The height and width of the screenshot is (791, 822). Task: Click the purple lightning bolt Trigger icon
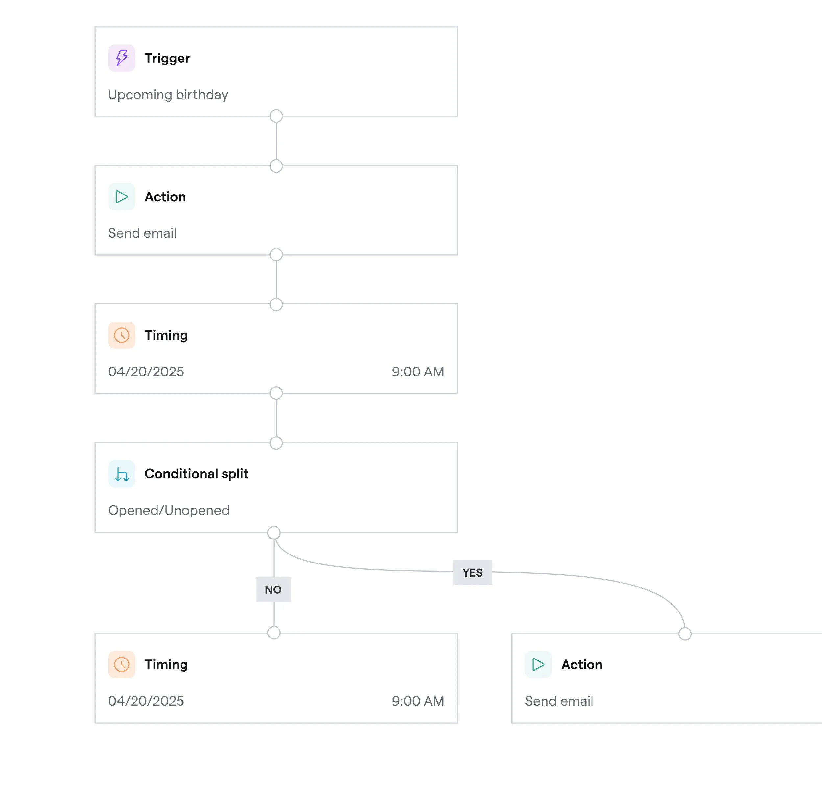122,58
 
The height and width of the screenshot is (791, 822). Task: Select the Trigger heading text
167,58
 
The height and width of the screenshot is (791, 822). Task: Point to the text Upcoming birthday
168,95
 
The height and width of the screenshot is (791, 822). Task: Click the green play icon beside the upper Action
122,197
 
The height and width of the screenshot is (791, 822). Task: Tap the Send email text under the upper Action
142,233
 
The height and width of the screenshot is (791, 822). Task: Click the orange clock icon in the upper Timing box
122,335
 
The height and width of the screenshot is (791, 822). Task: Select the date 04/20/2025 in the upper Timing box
146,372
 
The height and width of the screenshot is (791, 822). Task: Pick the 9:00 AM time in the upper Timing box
418,372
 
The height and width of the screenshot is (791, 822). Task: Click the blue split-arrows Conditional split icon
122,474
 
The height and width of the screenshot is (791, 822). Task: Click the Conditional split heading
196,474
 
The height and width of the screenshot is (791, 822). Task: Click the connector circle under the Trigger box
276,116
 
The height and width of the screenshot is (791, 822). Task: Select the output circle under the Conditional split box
274,533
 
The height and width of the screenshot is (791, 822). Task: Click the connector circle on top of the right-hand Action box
685,634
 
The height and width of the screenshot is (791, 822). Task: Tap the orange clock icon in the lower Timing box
122,664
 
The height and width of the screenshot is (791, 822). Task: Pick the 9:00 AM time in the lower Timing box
418,701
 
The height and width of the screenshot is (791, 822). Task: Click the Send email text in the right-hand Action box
559,701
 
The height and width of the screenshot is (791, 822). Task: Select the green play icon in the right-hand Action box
539,664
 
